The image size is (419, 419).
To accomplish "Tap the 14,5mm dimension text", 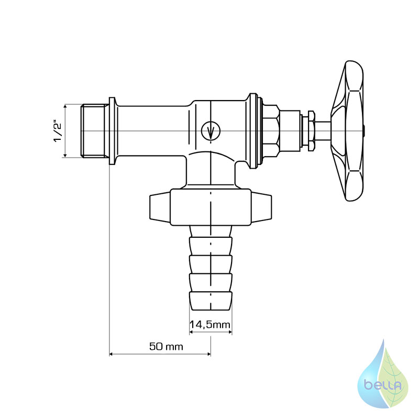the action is [x=210, y=325].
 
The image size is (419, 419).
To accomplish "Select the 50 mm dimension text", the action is [x=166, y=347].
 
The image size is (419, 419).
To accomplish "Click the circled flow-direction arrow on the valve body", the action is [x=211, y=131].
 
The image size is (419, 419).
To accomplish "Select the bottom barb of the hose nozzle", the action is [x=211, y=301].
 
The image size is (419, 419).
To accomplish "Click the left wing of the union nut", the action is [x=160, y=207].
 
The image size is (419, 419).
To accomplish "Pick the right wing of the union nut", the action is [x=261, y=207].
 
